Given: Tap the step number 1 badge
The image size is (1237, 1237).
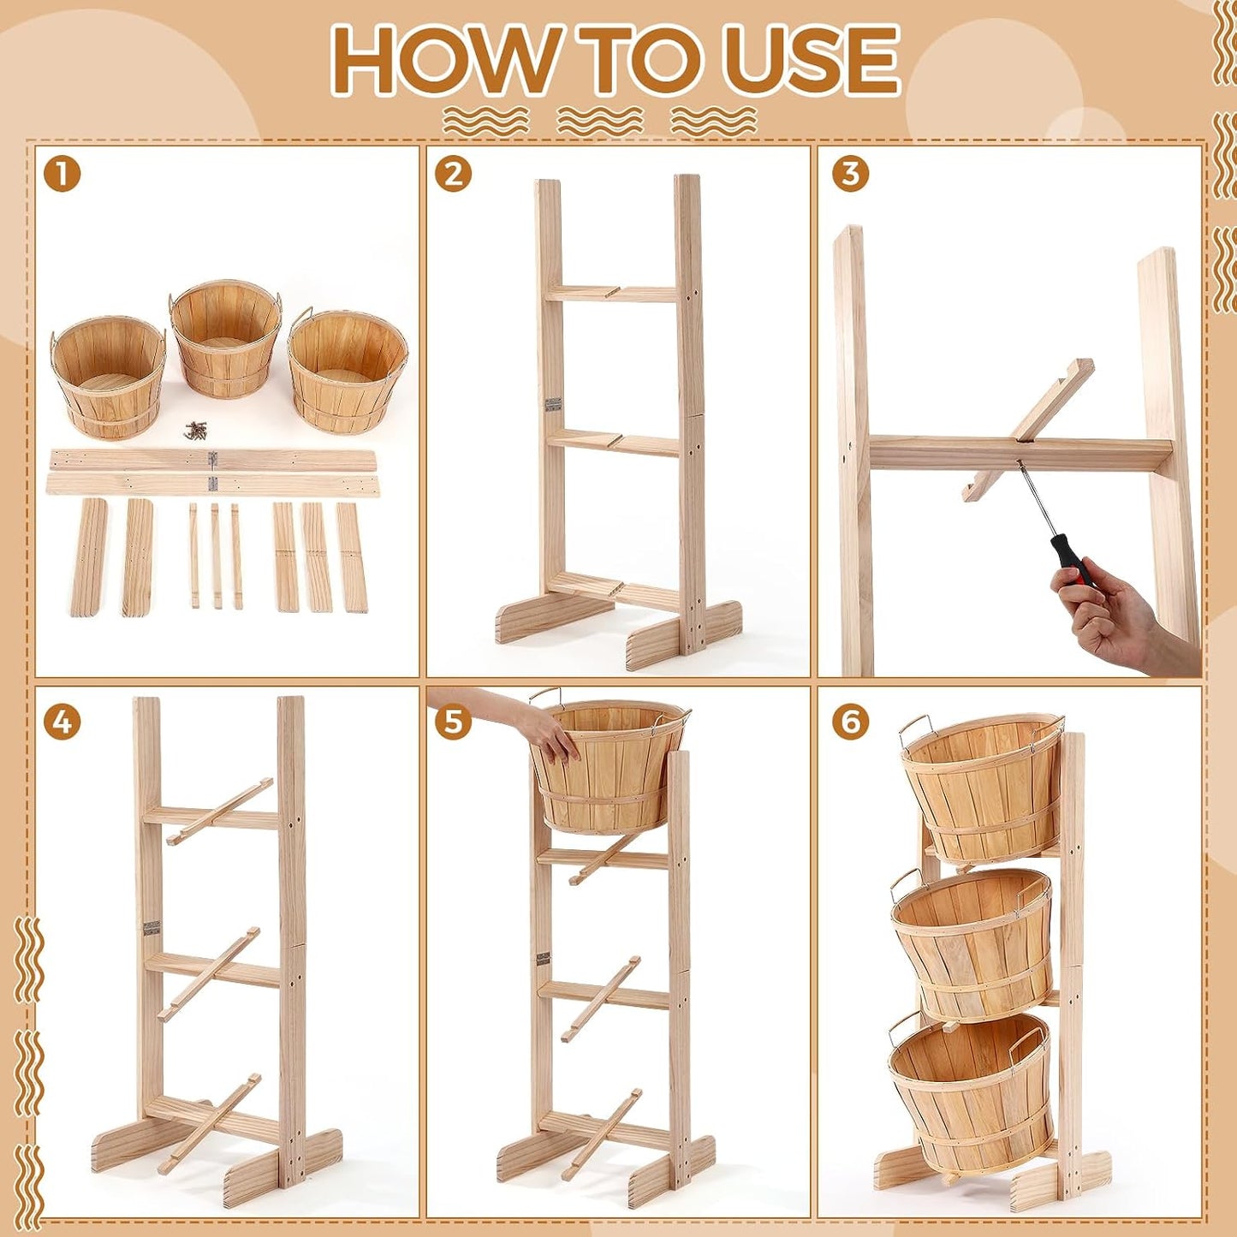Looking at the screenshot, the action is point(63,175).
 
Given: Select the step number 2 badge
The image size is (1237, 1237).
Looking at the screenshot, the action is point(453,175).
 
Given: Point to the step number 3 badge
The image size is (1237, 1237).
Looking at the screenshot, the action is point(850,175).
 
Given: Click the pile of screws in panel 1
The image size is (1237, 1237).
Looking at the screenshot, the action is point(195,431).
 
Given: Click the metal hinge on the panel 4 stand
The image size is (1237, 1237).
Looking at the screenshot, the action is point(152,928).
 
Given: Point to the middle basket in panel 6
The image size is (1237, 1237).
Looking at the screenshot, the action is point(972,943).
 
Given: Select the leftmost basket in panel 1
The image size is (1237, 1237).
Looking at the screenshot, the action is point(108,377).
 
